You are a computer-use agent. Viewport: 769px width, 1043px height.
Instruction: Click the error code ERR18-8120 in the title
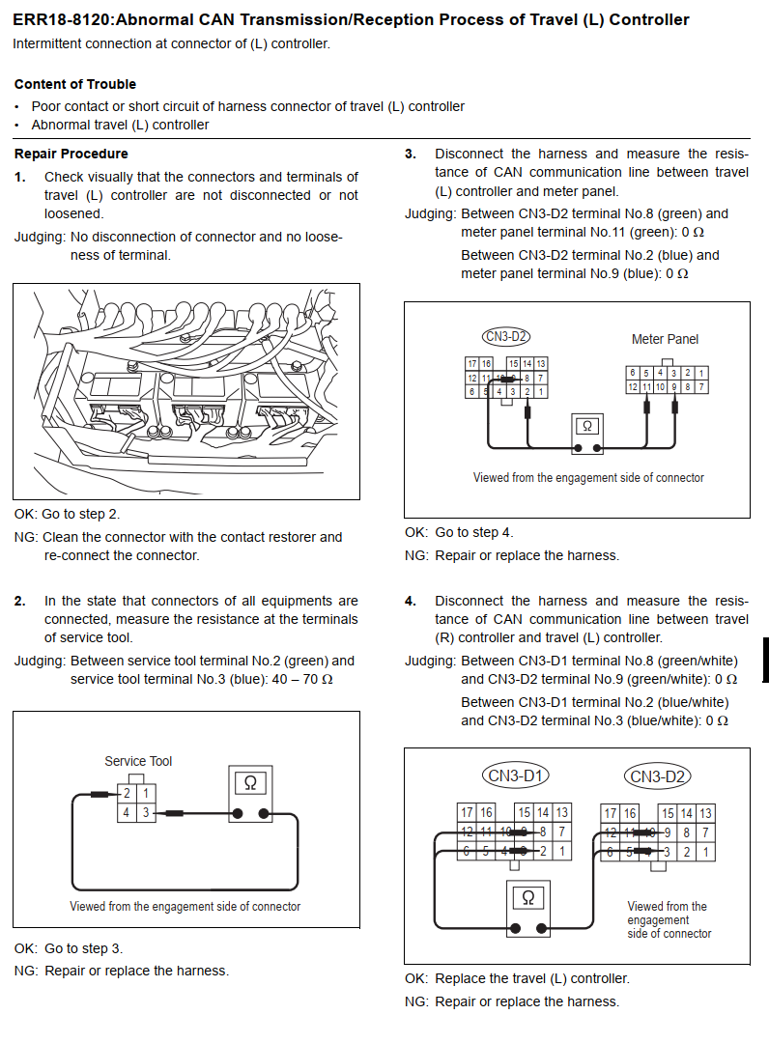(x=63, y=20)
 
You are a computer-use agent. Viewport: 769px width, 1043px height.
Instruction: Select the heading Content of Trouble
(x=75, y=84)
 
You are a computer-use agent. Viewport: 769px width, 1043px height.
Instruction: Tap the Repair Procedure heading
(x=71, y=154)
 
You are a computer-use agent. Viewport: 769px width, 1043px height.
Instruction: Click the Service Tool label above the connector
(x=138, y=761)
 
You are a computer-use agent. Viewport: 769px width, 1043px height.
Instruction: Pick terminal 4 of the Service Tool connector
(x=126, y=812)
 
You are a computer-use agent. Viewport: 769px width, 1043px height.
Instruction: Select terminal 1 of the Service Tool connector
(x=146, y=794)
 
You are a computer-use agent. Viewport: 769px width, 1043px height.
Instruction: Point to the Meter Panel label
(x=666, y=339)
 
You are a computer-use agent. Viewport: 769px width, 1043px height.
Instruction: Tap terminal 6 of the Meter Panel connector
(x=633, y=373)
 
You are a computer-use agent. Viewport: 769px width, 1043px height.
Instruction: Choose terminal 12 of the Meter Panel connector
(x=633, y=386)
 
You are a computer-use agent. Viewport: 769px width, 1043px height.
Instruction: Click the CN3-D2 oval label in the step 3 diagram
(x=506, y=337)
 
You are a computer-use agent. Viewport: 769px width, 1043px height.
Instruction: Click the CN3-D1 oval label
(x=516, y=775)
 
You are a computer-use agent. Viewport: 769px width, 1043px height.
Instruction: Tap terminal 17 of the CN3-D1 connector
(x=467, y=812)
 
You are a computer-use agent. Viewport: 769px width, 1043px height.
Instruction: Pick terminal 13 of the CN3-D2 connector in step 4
(x=706, y=813)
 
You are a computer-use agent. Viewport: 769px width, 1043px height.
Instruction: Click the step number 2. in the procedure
(x=20, y=601)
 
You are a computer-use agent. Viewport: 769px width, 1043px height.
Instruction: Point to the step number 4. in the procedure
(x=411, y=601)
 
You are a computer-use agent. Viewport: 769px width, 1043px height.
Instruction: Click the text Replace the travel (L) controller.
(x=532, y=978)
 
